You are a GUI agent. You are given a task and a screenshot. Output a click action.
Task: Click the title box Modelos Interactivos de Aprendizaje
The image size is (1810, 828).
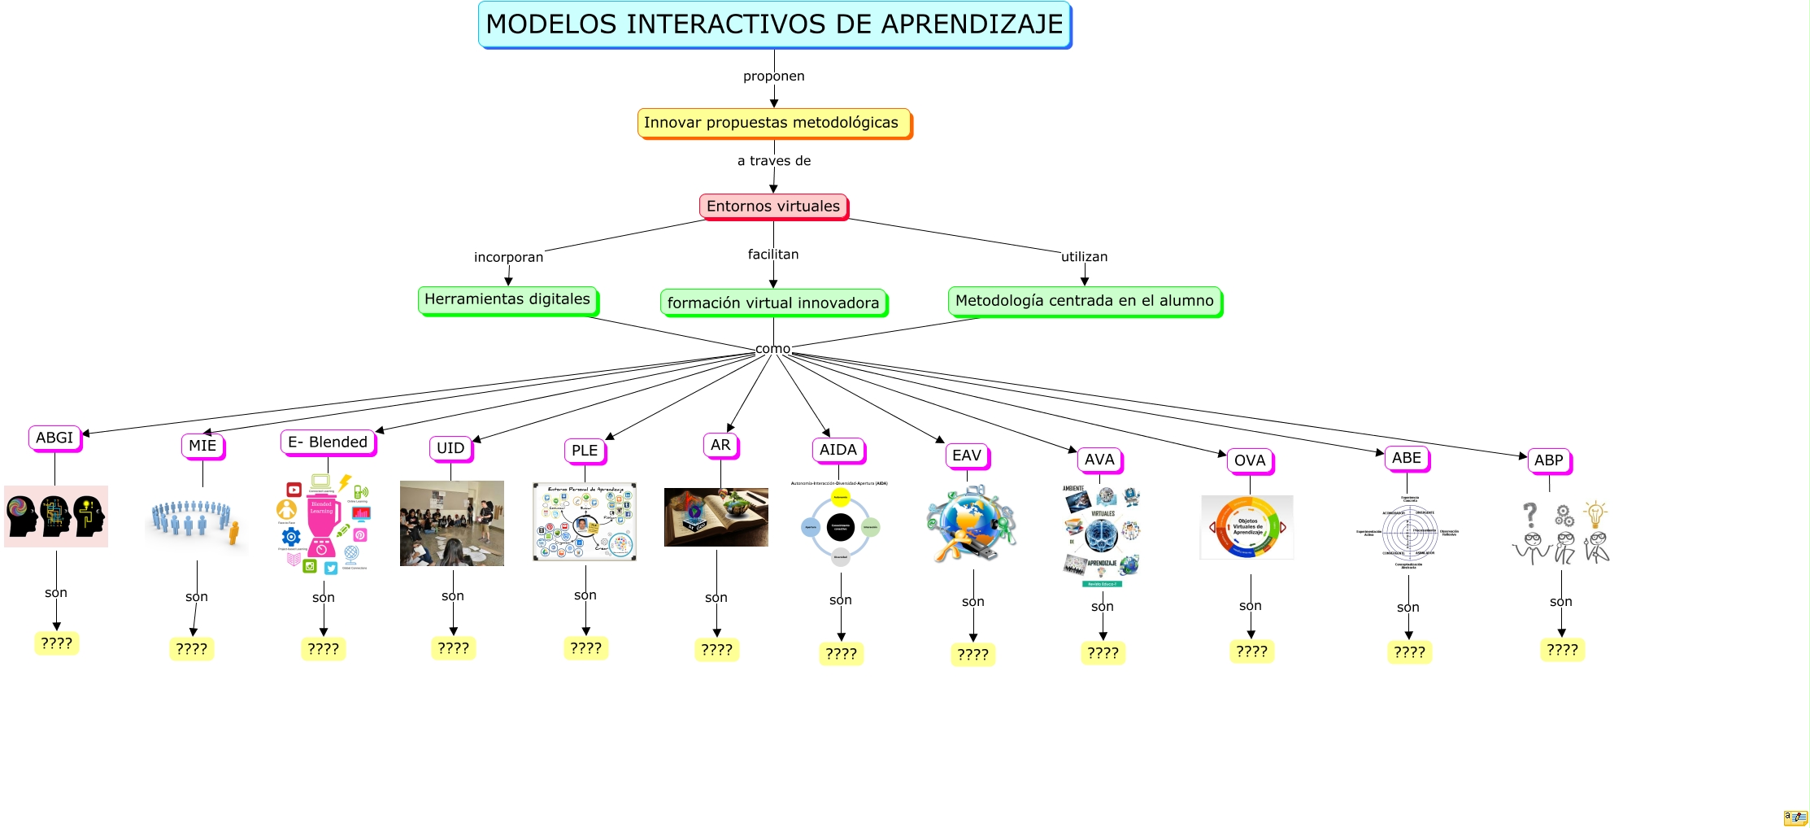(774, 24)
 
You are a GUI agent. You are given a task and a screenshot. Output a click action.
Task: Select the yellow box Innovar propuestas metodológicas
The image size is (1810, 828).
(772, 123)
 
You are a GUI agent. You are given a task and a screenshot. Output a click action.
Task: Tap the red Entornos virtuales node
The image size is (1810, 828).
(772, 206)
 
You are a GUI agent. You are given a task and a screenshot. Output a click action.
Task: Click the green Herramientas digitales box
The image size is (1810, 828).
(507, 299)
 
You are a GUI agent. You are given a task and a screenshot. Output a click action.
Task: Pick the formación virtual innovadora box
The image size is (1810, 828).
(772, 303)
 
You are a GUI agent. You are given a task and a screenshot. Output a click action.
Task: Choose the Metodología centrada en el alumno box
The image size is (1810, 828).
(1084, 301)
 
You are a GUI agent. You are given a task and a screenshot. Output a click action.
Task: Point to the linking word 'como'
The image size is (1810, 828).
(772, 349)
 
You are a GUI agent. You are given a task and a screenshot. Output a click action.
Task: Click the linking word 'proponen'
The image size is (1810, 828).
(773, 76)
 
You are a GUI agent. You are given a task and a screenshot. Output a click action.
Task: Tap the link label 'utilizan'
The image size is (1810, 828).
(1084, 257)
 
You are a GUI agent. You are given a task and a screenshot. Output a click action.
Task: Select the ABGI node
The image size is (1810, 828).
(54, 438)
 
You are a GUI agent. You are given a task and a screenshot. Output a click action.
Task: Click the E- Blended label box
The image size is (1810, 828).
(328, 442)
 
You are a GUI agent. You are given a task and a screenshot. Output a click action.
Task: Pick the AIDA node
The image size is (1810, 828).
(838, 450)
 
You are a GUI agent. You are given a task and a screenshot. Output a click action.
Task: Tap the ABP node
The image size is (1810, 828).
(1548, 460)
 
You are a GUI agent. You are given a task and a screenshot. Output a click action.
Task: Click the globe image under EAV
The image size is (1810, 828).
(972, 525)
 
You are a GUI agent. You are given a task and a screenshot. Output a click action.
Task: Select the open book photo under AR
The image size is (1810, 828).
(716, 517)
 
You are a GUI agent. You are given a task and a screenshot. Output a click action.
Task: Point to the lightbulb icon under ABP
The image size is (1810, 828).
(1595, 515)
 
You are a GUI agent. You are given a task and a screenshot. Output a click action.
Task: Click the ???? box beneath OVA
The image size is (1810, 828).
(1251, 652)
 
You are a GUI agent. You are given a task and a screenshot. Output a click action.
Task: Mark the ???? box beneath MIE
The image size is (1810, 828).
(192, 649)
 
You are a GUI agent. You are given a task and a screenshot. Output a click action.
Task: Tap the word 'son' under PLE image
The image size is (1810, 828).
(585, 595)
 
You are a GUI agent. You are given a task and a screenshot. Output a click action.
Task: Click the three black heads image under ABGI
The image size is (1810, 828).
(56, 516)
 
